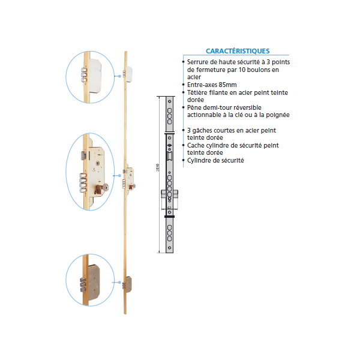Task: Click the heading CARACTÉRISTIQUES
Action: tap(238, 51)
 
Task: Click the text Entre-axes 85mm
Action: tap(212, 85)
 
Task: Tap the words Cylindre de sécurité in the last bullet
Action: tap(215, 160)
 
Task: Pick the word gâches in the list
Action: tap(202, 130)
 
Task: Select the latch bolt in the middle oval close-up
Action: tap(84, 155)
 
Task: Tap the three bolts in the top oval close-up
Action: tap(84, 75)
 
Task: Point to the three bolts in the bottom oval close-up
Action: tap(83, 285)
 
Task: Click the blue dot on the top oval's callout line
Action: tap(119, 76)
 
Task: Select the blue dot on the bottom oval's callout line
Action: tap(119, 282)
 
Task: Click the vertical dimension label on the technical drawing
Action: tap(157, 167)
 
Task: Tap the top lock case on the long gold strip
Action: tap(129, 74)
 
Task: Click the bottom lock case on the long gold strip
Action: tap(129, 284)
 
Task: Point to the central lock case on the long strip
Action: tap(130, 179)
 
